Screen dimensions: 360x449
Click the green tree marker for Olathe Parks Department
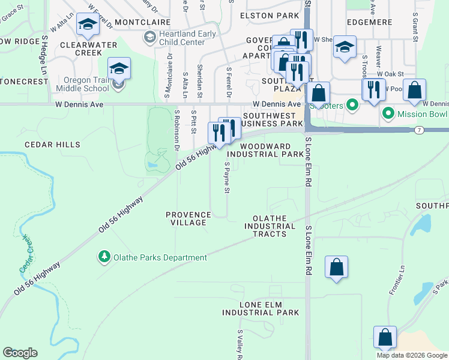(x=104, y=257)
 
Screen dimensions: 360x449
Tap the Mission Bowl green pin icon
(x=388, y=112)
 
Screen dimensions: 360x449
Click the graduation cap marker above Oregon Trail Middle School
(x=119, y=69)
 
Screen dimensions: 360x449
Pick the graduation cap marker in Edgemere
(x=345, y=47)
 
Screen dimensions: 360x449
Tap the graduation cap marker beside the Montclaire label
(x=88, y=25)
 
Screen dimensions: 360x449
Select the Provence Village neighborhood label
(x=188, y=218)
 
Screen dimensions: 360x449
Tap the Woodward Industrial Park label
(x=270, y=150)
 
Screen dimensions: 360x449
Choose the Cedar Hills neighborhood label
(x=52, y=145)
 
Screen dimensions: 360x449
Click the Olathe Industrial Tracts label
(x=270, y=226)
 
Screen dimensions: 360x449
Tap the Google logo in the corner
(x=20, y=353)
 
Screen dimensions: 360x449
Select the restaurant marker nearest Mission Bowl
(x=373, y=90)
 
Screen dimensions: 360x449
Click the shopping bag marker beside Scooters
(x=319, y=93)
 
